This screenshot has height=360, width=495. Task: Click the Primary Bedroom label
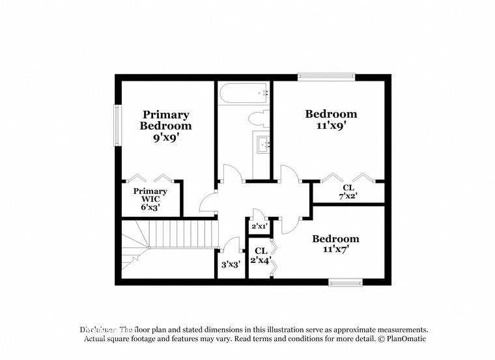(x=166, y=120)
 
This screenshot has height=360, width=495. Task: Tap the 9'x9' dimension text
(x=166, y=137)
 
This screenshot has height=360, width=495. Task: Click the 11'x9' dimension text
(x=331, y=126)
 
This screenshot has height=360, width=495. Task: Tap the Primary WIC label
(x=150, y=195)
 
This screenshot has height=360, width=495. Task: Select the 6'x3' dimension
(x=150, y=207)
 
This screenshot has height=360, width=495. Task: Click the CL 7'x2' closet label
(x=348, y=191)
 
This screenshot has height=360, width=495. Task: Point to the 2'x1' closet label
(x=259, y=226)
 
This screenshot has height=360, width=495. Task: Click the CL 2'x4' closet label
(x=261, y=256)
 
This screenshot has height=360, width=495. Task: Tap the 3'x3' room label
(x=231, y=264)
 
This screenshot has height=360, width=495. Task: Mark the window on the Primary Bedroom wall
(x=117, y=126)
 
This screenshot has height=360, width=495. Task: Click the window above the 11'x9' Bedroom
(x=326, y=77)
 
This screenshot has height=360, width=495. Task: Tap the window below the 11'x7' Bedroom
(x=345, y=282)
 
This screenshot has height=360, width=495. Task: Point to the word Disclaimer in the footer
(x=98, y=330)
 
